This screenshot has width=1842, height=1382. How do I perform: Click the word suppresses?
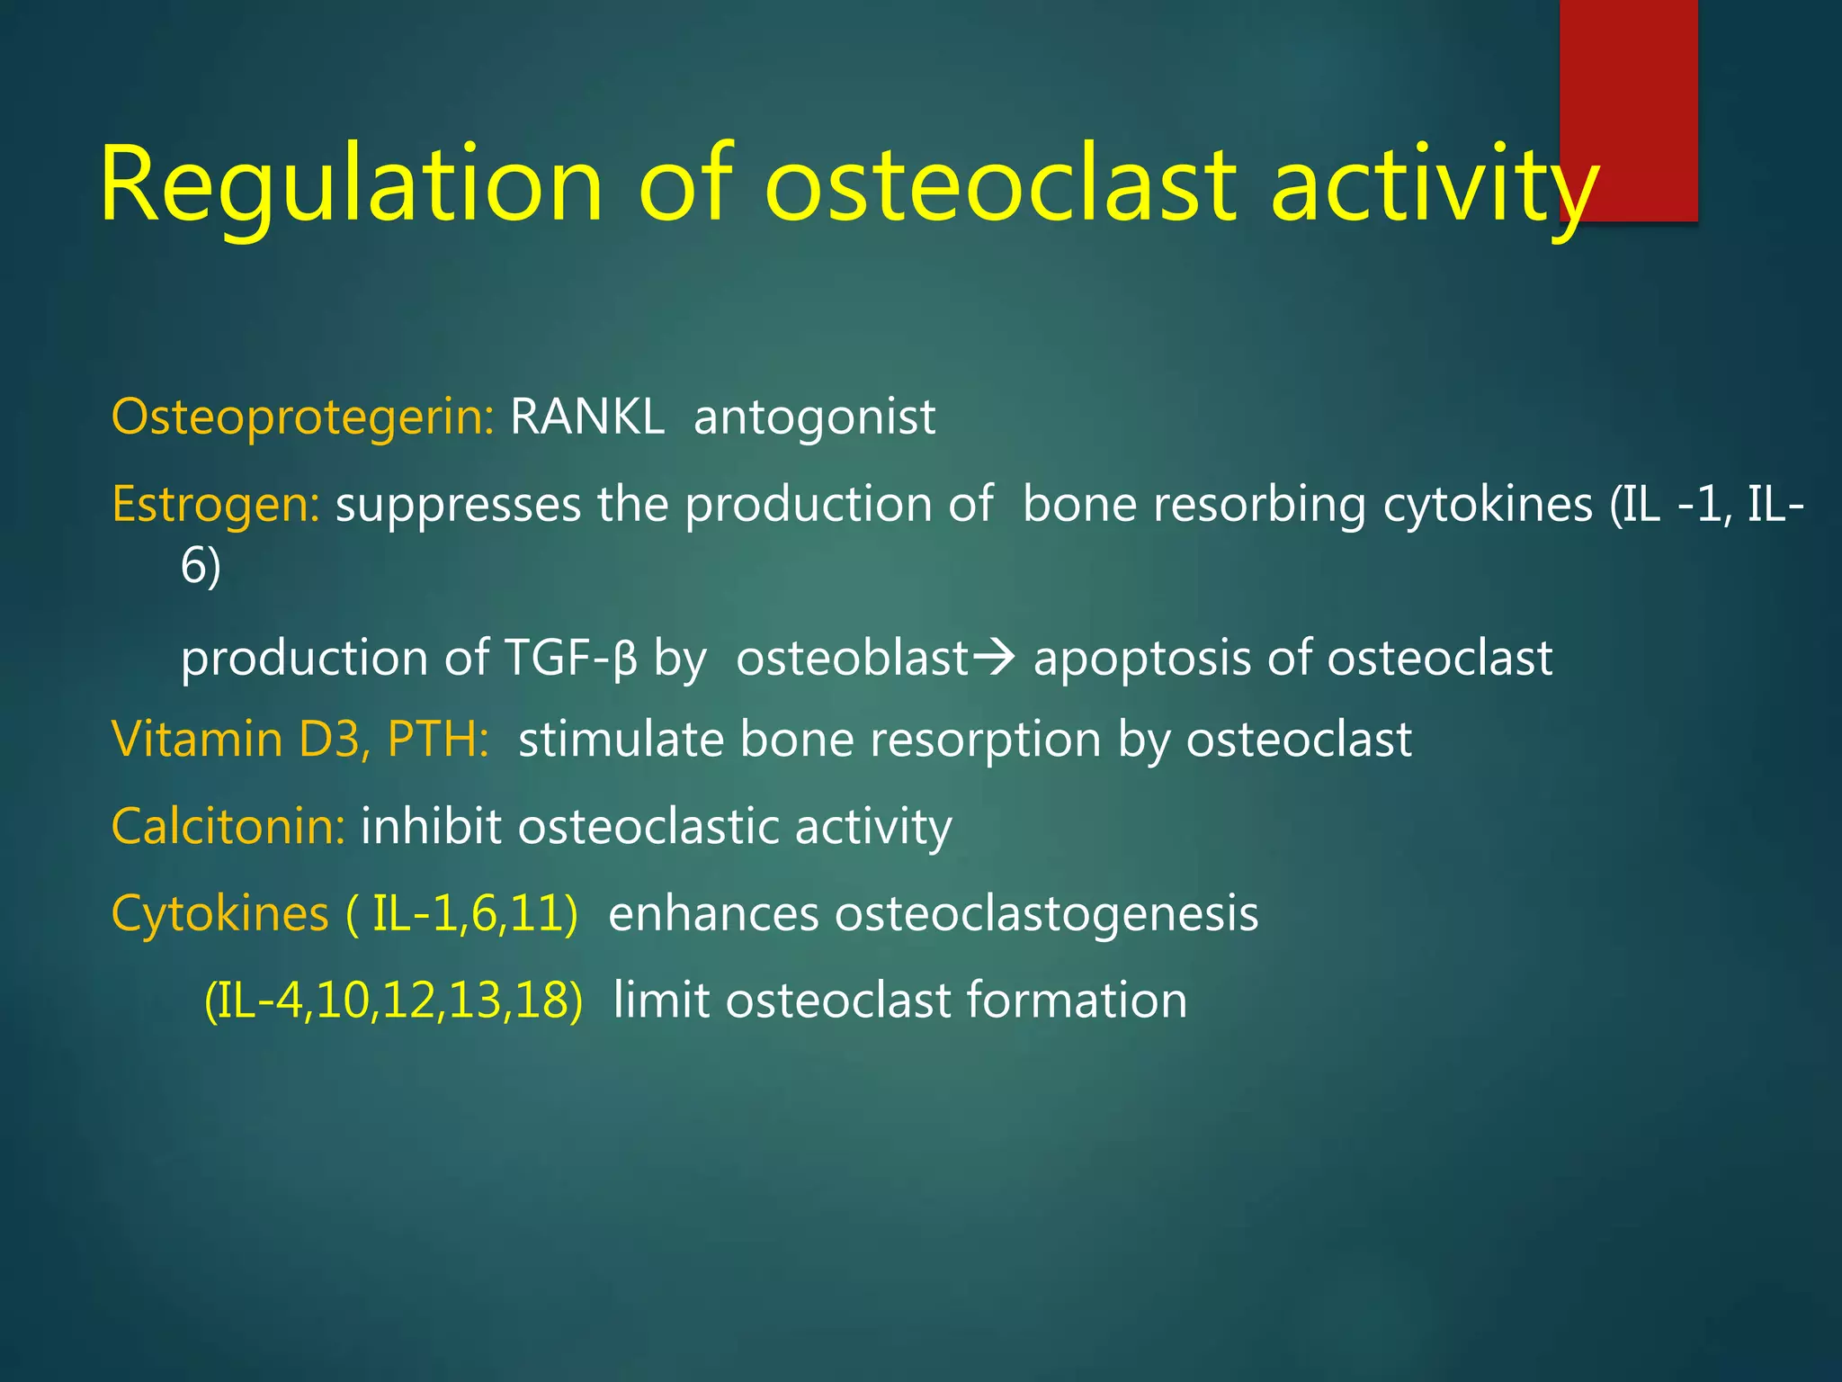pyautogui.click(x=458, y=505)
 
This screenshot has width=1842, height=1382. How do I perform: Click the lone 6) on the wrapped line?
pyautogui.click(x=201, y=567)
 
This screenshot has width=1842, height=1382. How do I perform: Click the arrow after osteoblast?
pyautogui.click(x=995, y=658)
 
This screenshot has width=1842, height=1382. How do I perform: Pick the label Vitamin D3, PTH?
pyautogui.click(x=300, y=740)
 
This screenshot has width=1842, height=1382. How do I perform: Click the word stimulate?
pyautogui.click(x=621, y=740)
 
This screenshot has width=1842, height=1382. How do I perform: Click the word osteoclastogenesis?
pyautogui.click(x=1046, y=914)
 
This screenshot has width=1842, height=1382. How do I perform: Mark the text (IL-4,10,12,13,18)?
pyautogui.click(x=394, y=1001)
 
